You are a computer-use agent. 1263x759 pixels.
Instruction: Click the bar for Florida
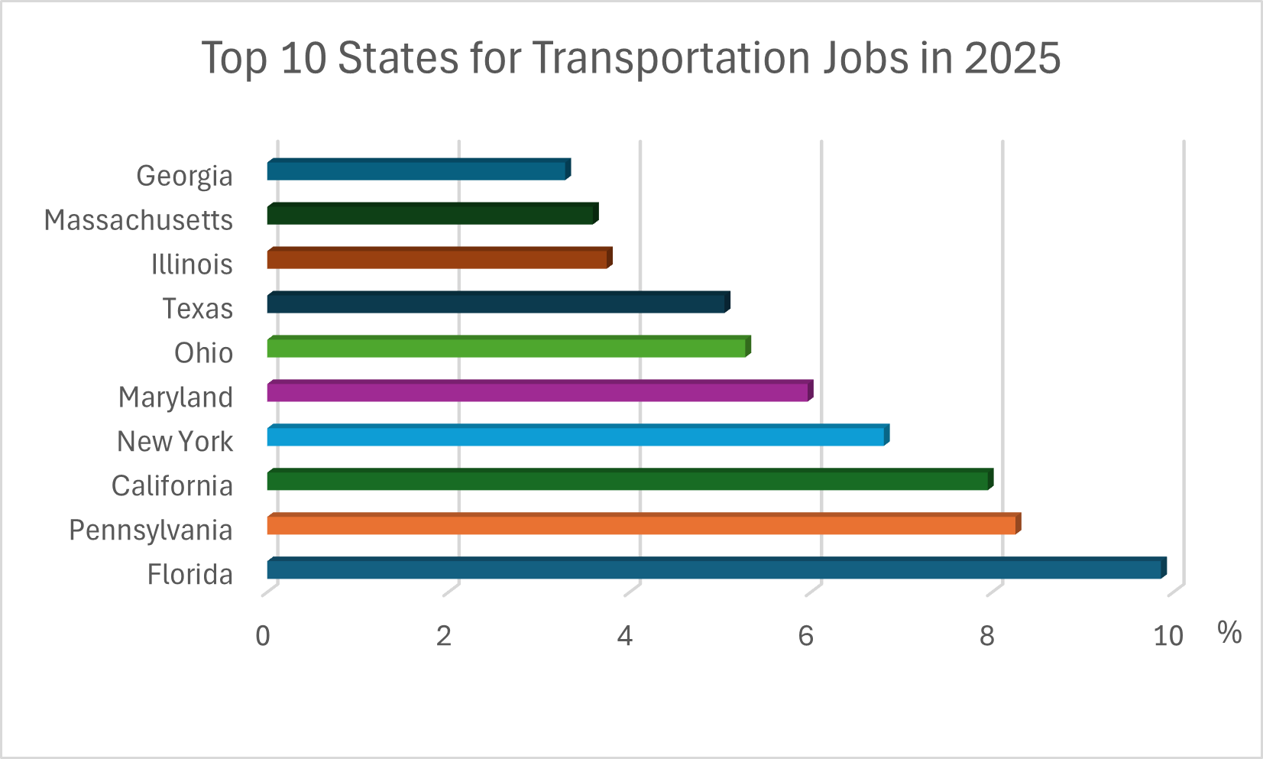point(714,569)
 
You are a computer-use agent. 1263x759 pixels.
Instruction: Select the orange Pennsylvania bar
point(642,525)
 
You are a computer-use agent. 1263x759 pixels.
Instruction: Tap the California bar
point(628,481)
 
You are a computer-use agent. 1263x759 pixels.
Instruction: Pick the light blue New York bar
point(576,436)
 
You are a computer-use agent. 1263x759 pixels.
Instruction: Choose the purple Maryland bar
point(538,392)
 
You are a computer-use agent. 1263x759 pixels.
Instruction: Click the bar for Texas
point(497,303)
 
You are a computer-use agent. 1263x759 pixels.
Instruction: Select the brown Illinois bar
point(438,259)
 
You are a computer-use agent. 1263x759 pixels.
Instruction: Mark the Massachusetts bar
point(431,215)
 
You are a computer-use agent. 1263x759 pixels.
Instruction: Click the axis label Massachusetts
point(138,220)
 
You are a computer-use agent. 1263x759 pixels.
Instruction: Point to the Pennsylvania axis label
point(151,530)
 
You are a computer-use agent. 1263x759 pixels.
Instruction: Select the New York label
point(175,442)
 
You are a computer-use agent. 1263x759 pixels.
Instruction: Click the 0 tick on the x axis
point(263,636)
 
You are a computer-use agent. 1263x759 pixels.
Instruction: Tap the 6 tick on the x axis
point(806,636)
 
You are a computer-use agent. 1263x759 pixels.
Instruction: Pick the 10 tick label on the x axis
point(1167,636)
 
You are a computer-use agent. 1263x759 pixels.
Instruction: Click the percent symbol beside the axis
point(1229,633)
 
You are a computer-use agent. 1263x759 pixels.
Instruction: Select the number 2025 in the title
point(1012,58)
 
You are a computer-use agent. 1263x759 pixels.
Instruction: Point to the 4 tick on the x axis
point(625,636)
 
